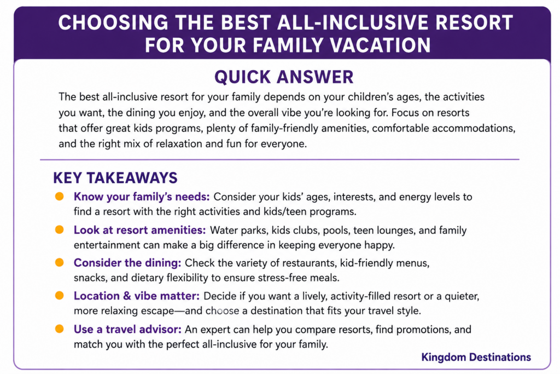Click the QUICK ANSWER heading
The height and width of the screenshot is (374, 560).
coord(284,77)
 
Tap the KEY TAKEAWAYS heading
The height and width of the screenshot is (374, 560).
coord(115,178)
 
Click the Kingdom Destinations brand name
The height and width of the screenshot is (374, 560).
coord(476,357)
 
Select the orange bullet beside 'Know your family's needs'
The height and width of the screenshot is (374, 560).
coord(59,196)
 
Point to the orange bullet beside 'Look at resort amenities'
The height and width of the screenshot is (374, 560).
coord(59,229)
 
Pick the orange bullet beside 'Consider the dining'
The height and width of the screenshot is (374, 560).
coord(59,262)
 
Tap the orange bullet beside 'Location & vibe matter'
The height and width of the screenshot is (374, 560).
coord(59,296)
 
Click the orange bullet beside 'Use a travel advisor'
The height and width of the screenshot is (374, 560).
coord(59,329)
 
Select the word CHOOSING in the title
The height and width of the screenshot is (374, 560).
coord(113,22)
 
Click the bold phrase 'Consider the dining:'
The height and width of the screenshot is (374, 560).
coord(127,263)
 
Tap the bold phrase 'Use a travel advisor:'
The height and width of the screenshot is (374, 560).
coord(127,329)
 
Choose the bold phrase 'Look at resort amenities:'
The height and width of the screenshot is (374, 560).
coord(139,230)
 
